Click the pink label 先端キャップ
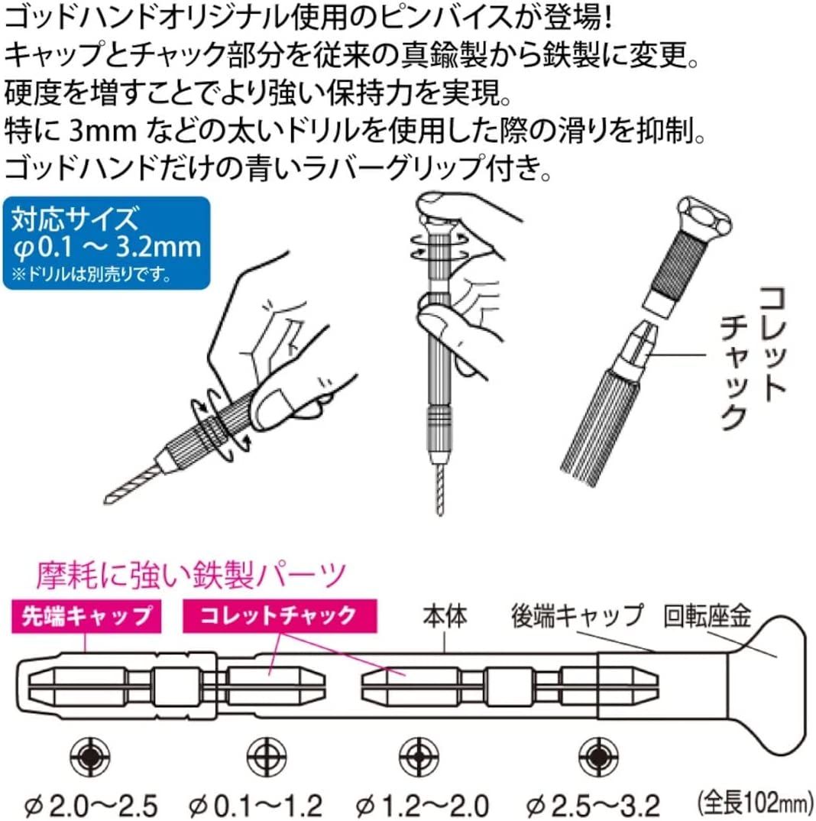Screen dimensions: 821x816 [x=86, y=615]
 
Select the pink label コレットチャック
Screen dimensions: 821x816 [x=270, y=615]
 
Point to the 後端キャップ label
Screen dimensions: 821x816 [x=578, y=615]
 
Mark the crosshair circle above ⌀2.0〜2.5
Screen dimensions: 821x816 [x=88, y=757]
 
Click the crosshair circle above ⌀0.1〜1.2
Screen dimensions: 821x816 [x=256, y=757]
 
